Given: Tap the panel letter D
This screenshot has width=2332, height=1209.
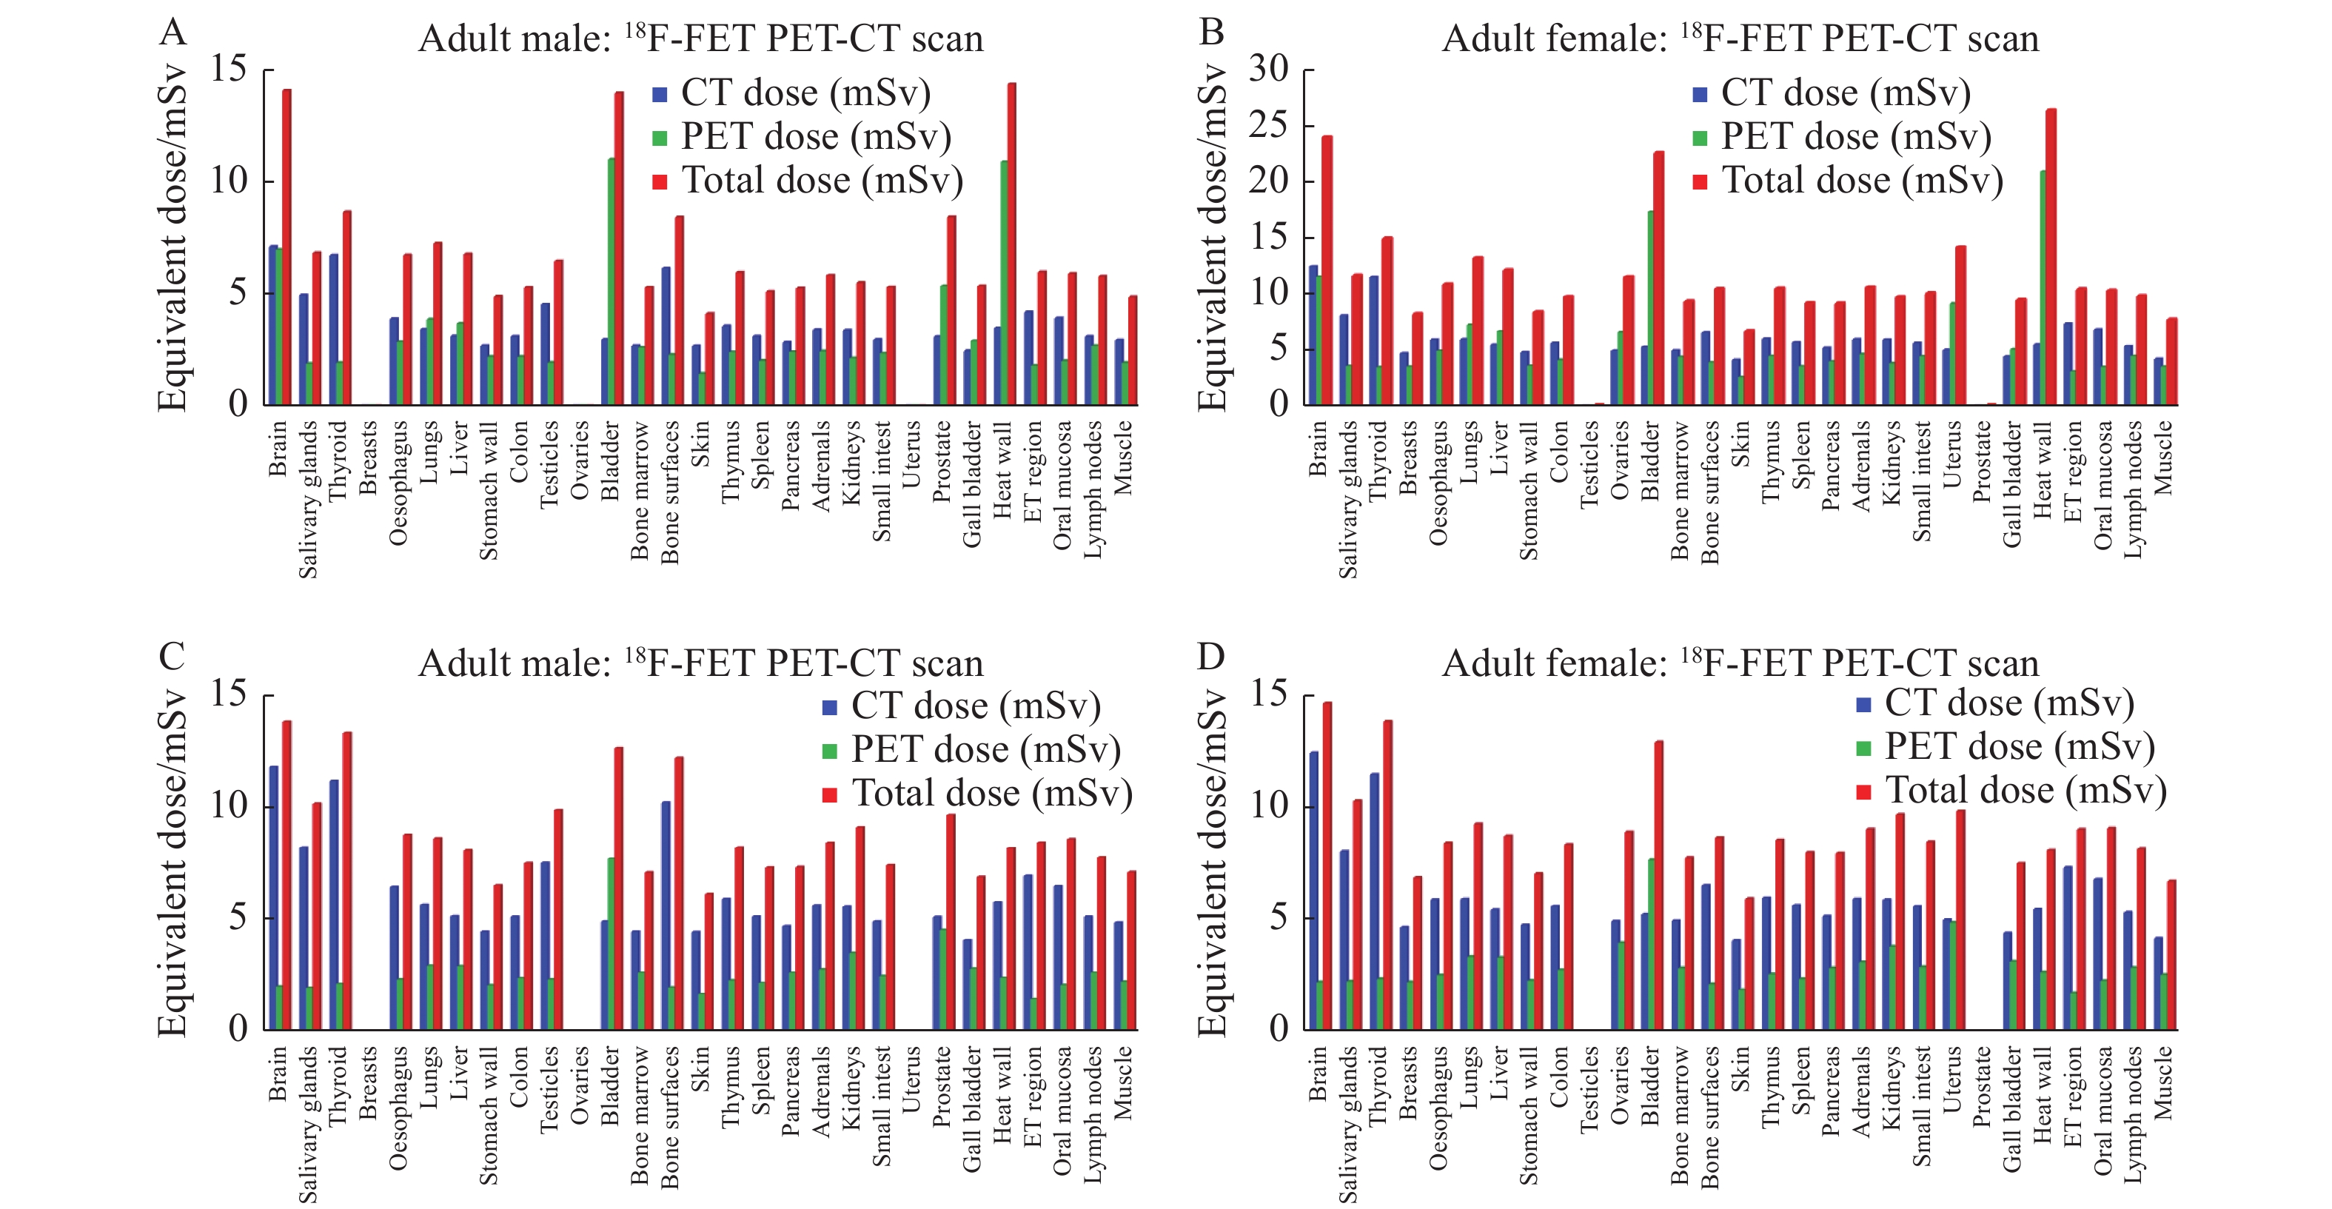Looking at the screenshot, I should [x=1210, y=657].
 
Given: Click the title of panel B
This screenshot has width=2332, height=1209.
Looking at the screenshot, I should [x=1740, y=39].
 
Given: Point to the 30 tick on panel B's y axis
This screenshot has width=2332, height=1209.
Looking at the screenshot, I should [x=1268, y=69].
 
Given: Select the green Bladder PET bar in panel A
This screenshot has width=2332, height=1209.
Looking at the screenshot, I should [x=611, y=281].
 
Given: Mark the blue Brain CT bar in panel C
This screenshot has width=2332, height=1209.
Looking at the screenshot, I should [x=273, y=897].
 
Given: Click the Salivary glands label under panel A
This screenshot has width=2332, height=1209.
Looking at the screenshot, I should [x=308, y=499].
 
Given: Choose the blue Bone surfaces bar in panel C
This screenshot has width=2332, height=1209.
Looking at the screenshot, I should [x=666, y=914].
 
